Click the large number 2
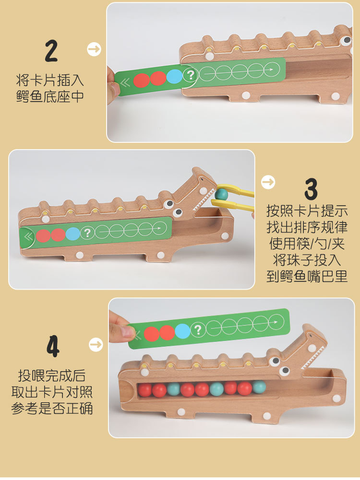[51, 51]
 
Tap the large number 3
[311, 189]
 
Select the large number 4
[53, 346]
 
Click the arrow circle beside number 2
[94, 49]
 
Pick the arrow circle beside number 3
[268, 182]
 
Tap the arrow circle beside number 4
[96, 345]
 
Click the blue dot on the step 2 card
[174, 77]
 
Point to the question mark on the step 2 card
[191, 75]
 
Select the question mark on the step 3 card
[87, 233]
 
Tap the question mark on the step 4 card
[198, 330]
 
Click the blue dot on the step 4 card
[182, 331]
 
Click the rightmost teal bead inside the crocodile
[259, 386]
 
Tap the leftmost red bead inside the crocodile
[144, 390]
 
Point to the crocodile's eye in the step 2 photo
[347, 39]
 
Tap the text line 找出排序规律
[307, 227]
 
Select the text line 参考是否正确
[52, 408]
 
